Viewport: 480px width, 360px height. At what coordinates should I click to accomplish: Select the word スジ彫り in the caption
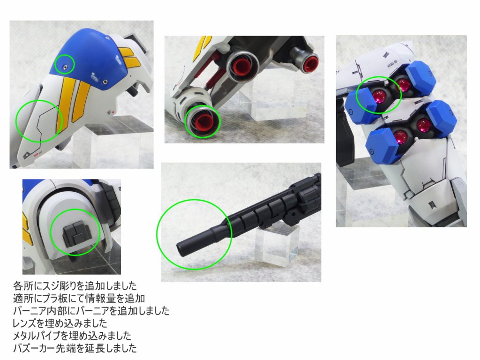click(58, 286)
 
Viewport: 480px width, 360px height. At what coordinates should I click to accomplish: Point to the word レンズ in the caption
click(26, 323)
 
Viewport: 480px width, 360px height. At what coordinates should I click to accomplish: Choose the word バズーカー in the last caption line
click(33, 348)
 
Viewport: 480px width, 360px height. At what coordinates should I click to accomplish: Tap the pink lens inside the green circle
click(380, 97)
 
